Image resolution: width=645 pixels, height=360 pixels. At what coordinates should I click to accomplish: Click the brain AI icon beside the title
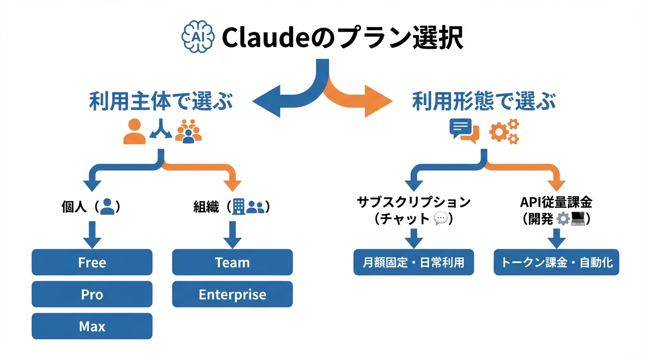(x=197, y=36)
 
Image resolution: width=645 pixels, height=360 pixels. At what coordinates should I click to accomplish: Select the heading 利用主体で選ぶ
(x=161, y=101)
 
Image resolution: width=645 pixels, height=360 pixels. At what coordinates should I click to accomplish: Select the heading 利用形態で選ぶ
(x=484, y=101)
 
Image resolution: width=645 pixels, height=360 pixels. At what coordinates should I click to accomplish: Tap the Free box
(x=92, y=262)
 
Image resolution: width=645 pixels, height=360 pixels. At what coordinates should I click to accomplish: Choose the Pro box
(x=92, y=294)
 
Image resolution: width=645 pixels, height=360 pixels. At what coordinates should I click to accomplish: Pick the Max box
(x=92, y=326)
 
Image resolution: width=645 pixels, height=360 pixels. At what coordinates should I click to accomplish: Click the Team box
(x=232, y=262)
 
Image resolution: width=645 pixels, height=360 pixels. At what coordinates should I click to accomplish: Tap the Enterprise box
(x=232, y=294)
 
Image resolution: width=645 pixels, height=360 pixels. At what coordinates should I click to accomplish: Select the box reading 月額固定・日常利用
(x=413, y=262)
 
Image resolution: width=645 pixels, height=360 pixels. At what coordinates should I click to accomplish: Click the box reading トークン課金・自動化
(x=556, y=262)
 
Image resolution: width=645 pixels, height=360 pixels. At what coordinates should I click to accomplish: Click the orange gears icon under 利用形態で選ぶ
(x=504, y=131)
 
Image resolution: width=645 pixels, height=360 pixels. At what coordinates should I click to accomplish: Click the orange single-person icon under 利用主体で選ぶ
(x=135, y=131)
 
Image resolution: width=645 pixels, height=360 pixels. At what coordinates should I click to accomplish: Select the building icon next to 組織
(x=239, y=206)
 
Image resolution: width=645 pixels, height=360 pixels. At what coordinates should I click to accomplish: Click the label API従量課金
(x=556, y=202)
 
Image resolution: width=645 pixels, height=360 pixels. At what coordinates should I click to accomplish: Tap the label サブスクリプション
(x=413, y=202)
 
